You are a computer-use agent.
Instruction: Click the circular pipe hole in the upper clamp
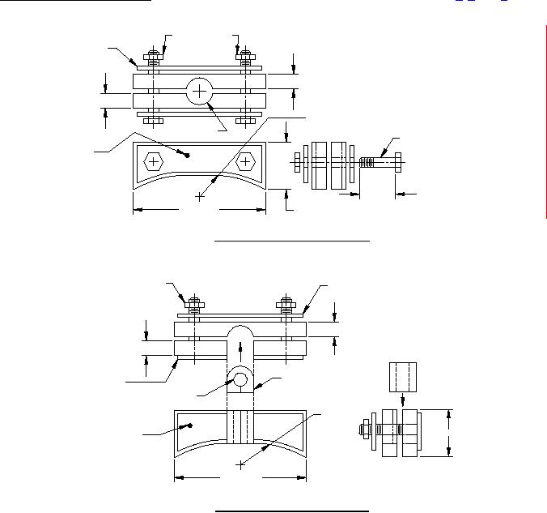199,92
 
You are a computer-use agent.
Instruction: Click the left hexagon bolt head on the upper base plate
151,161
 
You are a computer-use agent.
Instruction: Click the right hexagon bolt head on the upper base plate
246,162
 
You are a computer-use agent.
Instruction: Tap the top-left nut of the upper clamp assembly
152,57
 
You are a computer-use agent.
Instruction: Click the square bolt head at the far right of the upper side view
396,162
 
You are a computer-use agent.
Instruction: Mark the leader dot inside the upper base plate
188,154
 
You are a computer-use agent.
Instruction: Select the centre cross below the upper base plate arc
199,196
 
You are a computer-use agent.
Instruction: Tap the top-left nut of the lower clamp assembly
194,306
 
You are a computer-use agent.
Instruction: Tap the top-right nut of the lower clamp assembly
286,306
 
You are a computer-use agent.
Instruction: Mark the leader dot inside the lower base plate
189,424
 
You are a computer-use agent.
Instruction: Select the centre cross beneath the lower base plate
240,464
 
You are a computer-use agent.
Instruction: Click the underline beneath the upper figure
291,241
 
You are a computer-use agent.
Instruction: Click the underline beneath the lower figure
291,511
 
